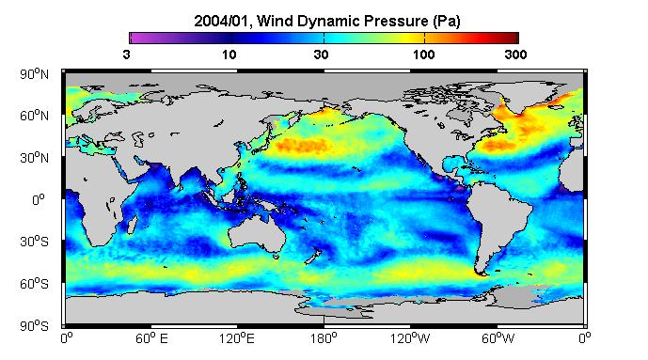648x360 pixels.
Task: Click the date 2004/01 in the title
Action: coord(222,21)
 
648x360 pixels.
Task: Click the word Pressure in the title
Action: coord(401,21)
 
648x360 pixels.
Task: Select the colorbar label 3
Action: coord(126,55)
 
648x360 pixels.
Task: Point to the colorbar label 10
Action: coord(229,55)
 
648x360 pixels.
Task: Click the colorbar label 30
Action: coord(321,55)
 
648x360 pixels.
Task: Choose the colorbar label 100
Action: coord(423,55)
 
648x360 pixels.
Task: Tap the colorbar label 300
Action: coord(515,55)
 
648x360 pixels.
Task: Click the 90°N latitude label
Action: coord(34,74)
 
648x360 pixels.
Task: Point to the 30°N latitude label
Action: coord(34,158)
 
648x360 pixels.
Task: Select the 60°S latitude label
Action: coord(34,284)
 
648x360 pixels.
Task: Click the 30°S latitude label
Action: coord(34,242)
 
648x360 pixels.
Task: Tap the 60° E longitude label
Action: coord(151,338)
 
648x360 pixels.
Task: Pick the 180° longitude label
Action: coord(324,338)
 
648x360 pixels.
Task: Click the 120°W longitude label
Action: coord(410,338)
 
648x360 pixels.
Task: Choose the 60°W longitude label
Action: coord(498,338)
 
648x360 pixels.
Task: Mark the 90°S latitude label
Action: coord(34,326)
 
